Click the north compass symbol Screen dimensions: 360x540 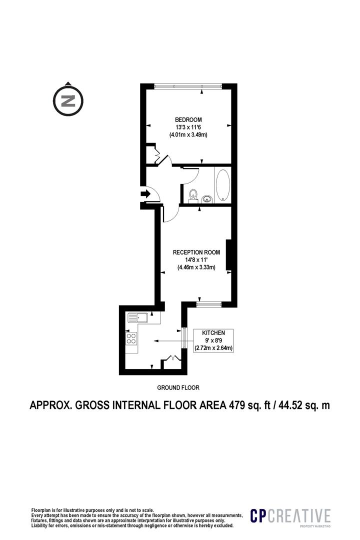pos(68,101)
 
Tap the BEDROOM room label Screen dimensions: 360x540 pos(188,120)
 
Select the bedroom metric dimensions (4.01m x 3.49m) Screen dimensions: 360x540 pos(188,135)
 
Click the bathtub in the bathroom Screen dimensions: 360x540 pos(223,184)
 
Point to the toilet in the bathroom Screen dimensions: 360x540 pos(193,194)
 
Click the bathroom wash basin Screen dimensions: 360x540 pos(206,198)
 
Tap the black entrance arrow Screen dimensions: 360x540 pos(145,194)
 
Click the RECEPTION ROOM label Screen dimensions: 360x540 pos(196,252)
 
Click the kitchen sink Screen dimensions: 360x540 pos(138,317)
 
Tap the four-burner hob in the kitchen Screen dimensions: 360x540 pos(131,338)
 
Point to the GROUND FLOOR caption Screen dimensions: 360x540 pos(178,387)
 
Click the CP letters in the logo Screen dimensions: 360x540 pos(258,515)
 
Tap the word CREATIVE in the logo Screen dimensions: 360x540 pos(299,515)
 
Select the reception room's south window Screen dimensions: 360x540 pos(209,304)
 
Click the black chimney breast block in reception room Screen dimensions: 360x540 pos(228,255)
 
